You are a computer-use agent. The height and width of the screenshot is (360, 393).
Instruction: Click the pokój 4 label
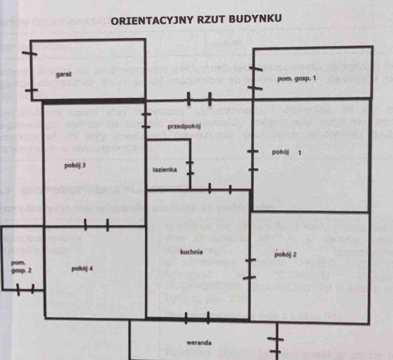82,269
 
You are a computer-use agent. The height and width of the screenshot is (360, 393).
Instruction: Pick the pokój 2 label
285,254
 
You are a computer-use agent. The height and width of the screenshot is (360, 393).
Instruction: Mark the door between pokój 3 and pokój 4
97,225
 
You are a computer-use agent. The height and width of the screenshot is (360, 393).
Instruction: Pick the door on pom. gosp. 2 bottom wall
26,290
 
